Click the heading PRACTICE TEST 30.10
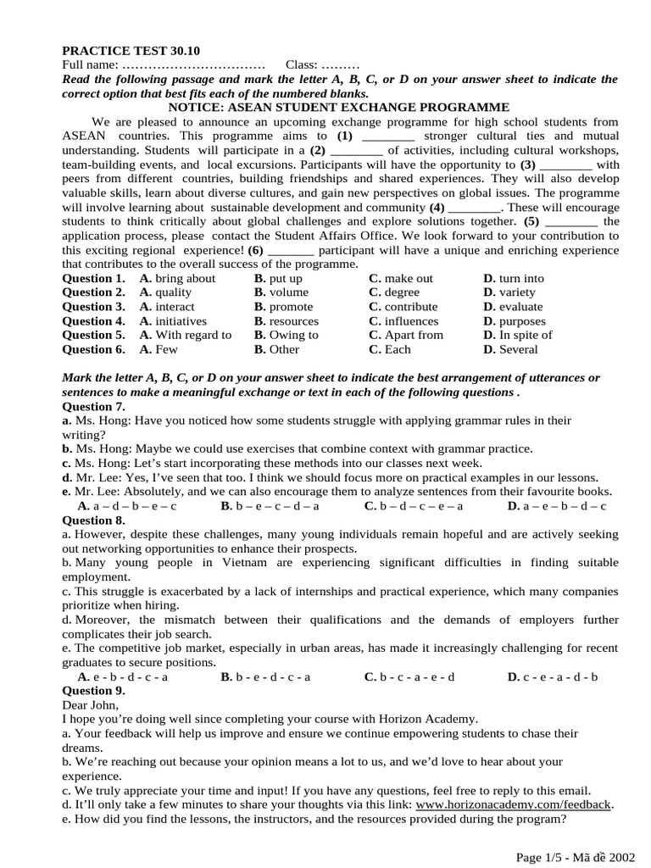click(131, 51)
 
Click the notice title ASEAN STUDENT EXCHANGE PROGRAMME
click(339, 108)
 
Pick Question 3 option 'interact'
click(175, 307)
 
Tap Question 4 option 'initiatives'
click(180, 321)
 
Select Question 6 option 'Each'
click(398, 349)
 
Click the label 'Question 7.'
click(94, 406)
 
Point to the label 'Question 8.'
click(94, 520)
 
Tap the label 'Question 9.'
click(94, 690)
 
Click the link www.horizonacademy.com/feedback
click(513, 804)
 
